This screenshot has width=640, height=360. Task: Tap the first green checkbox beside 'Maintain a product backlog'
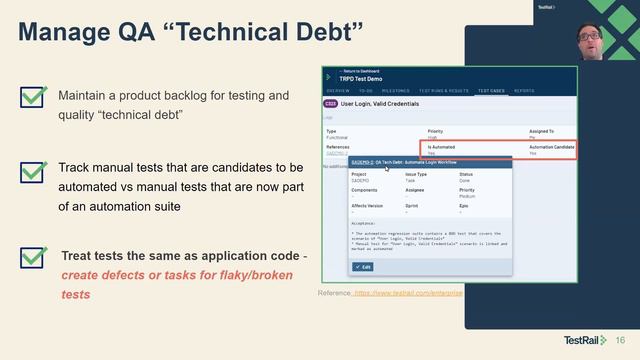33,97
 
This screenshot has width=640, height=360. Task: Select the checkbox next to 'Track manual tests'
33,172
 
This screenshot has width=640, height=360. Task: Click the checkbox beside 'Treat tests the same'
33,257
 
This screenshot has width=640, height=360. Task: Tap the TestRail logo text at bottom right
580,340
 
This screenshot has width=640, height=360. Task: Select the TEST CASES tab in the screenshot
491,91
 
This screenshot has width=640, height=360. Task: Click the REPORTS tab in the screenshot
524,91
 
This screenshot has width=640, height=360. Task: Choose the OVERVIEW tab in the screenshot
337,91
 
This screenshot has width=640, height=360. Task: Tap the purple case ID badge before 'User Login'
330,103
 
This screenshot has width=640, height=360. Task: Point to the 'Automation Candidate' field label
551,146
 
